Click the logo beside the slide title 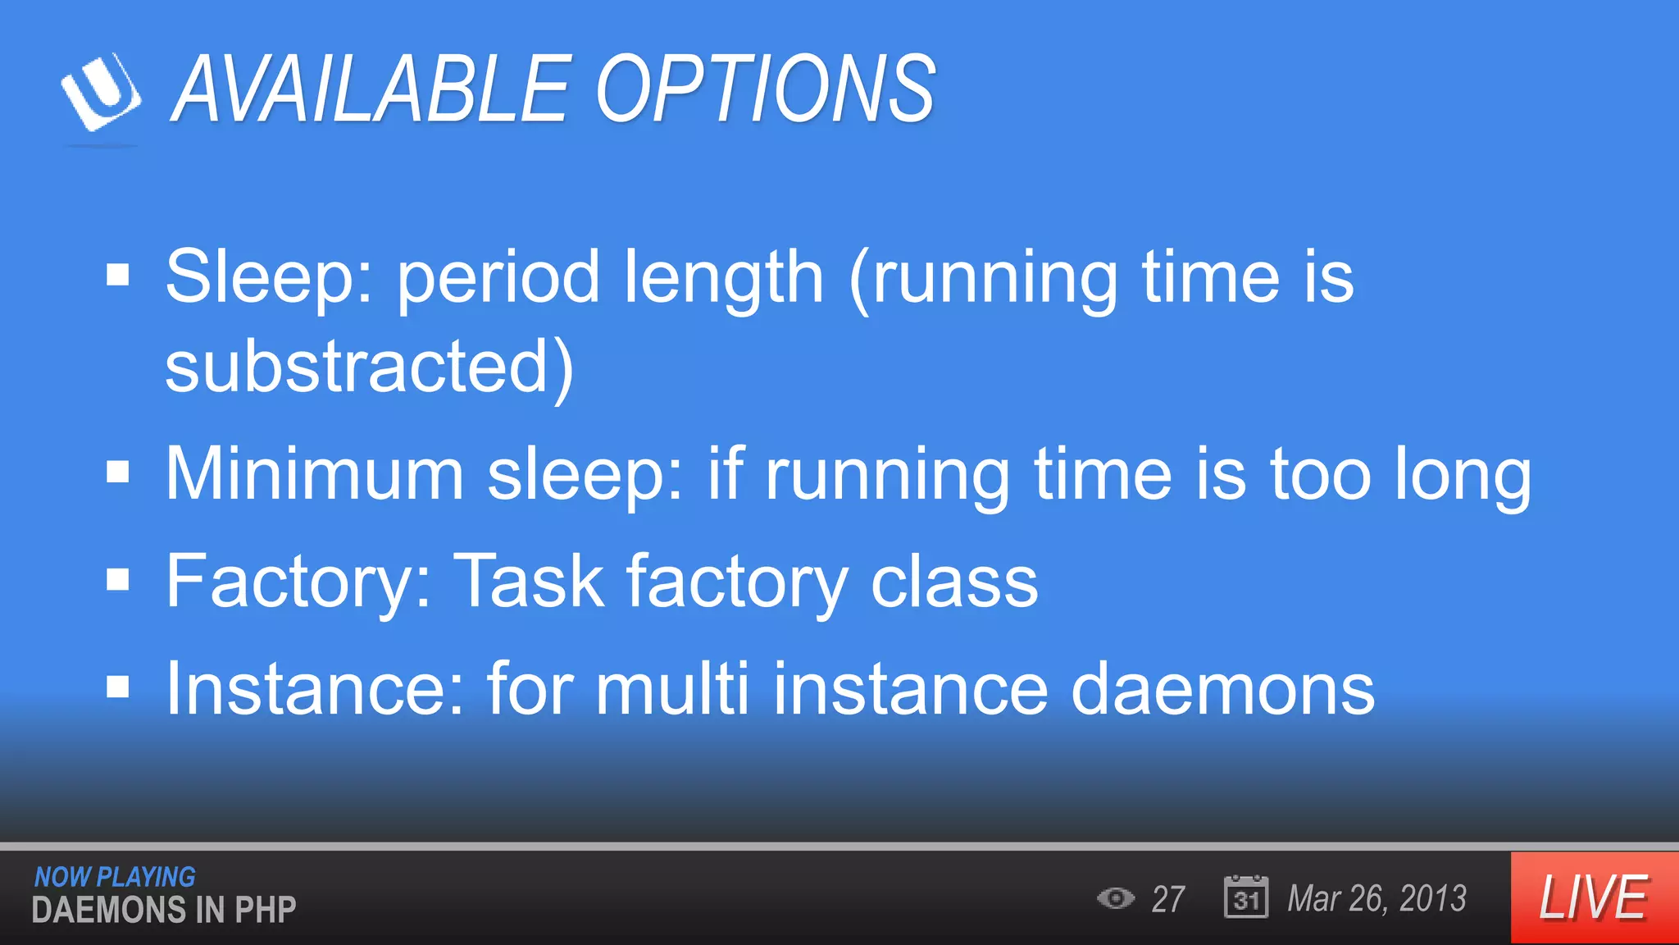pos(101,92)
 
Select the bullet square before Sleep pos(118,276)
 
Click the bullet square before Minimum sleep pos(118,472)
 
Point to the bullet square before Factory pos(118,579)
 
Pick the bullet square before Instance pos(118,687)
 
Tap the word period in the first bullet pos(498,277)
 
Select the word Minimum pos(315,473)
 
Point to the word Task pos(529,581)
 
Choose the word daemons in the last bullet pos(1222,689)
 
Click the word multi pos(672,689)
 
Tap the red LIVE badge pos(1594,897)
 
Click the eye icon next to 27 pos(1115,898)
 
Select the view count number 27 pos(1168,899)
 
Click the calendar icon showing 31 pos(1245,897)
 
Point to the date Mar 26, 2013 pos(1376,898)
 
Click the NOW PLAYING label pos(115,877)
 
